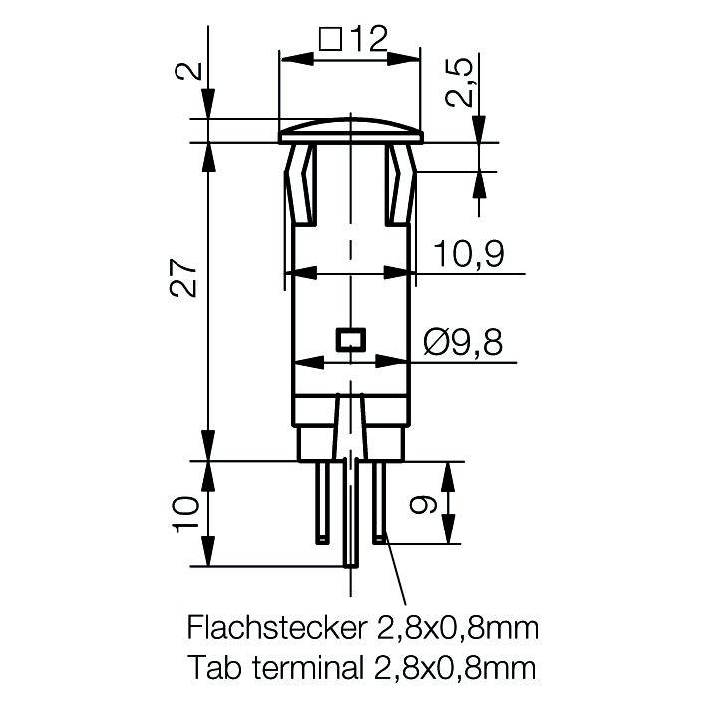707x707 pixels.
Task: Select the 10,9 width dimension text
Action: (x=467, y=256)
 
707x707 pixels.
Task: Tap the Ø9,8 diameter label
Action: (x=462, y=343)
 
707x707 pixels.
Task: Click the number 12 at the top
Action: (x=368, y=39)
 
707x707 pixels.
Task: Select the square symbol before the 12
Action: (x=330, y=39)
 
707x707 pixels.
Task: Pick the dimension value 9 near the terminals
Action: (x=425, y=505)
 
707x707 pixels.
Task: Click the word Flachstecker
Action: (x=273, y=628)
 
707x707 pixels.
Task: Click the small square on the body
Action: (x=350, y=339)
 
